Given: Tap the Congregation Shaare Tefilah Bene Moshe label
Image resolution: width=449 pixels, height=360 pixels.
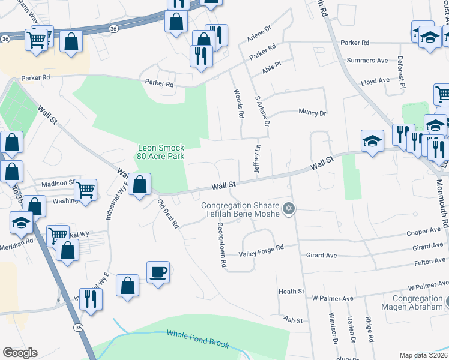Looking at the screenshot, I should pyautogui.click(x=241, y=212).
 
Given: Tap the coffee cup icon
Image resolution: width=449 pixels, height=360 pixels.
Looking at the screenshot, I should pyautogui.click(x=158, y=272).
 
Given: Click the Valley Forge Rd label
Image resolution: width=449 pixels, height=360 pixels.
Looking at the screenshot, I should pyautogui.click(x=261, y=251).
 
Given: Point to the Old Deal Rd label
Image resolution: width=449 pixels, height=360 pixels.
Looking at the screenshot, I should pyautogui.click(x=168, y=214).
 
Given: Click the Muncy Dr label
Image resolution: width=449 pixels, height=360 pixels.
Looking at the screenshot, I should pyautogui.click(x=312, y=112).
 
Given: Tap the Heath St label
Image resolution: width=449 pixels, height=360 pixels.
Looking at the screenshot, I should pyautogui.click(x=292, y=291).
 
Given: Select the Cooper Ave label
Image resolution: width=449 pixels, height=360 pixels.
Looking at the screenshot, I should pyautogui.click(x=423, y=232).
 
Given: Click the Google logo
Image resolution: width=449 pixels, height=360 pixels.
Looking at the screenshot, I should pyautogui.click(x=20, y=353).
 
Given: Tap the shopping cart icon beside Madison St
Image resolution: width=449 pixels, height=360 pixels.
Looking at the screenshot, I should pyautogui.click(x=86, y=189).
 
